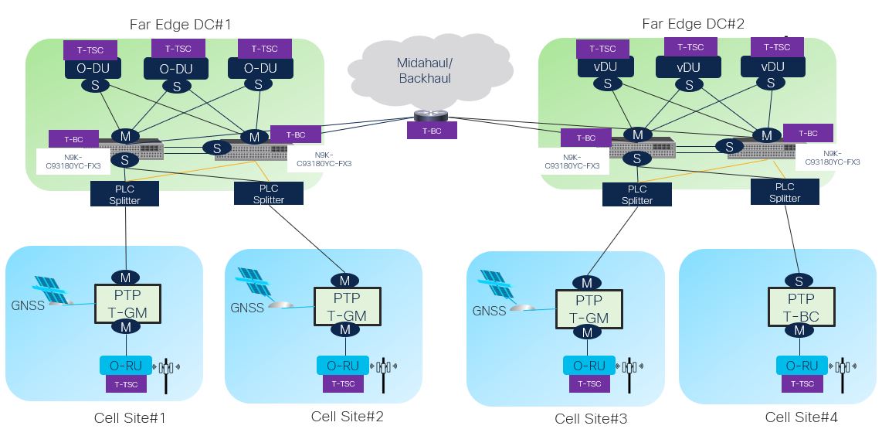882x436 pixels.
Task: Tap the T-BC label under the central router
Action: coord(431,131)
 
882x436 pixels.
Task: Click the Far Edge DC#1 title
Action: coord(180,24)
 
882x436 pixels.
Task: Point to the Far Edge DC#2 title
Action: coord(693,24)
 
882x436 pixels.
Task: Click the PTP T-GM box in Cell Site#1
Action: coord(127,304)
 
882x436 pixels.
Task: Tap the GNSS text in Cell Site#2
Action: coord(247,308)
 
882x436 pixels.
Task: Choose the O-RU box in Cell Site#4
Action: coord(801,366)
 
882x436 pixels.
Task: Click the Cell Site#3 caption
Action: coord(591,419)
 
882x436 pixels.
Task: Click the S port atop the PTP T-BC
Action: coord(801,280)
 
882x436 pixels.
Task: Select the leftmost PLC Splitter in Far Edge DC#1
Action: coord(125,193)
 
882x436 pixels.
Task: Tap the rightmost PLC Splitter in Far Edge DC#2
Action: coord(784,192)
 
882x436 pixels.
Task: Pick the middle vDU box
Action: coord(688,67)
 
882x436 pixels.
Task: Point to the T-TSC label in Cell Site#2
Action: coord(344,383)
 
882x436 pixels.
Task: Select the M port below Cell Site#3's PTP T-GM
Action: coord(587,332)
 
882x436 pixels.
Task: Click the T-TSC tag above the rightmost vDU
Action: coord(777,47)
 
